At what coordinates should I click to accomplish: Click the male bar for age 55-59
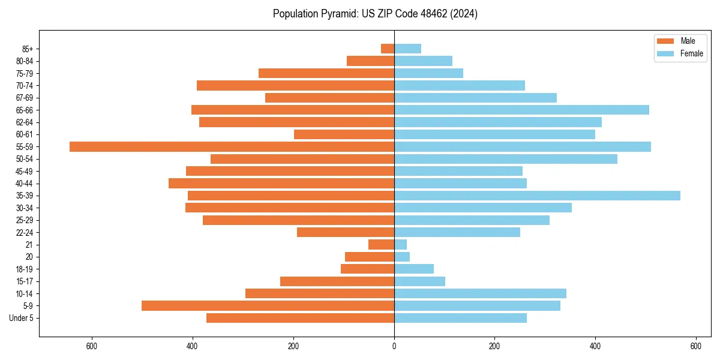coord(232,146)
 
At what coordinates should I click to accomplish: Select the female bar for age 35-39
coord(537,196)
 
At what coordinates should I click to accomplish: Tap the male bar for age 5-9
coord(268,306)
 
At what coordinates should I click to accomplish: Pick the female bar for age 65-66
coord(521,110)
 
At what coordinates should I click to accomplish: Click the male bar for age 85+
coord(388,49)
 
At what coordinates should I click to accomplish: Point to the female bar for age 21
coord(400,245)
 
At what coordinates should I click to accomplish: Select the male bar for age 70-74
coord(295,85)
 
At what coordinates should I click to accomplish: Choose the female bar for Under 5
coord(460,318)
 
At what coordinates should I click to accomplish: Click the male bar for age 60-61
coord(344,134)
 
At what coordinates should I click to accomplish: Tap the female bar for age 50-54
coord(505,159)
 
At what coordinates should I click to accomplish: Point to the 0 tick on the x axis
coord(394,346)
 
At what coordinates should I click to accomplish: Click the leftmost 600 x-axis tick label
coord(92,346)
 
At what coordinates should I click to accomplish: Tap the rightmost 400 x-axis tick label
coord(595,346)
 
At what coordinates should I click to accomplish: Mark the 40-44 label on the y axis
coord(24,184)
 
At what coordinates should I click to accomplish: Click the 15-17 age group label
coord(24,281)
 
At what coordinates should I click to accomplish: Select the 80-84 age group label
coord(24,61)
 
